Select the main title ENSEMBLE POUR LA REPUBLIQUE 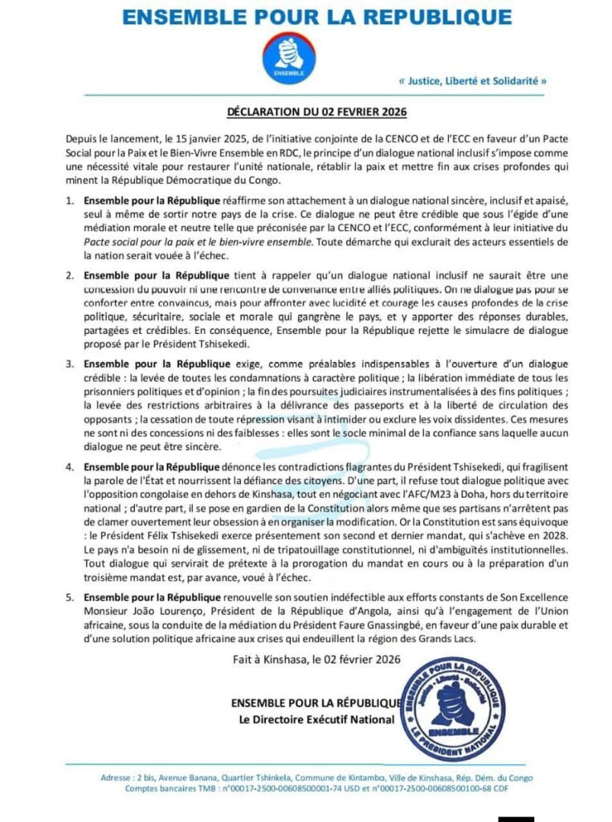click(x=306, y=17)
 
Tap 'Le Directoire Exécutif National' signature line click(x=316, y=720)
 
